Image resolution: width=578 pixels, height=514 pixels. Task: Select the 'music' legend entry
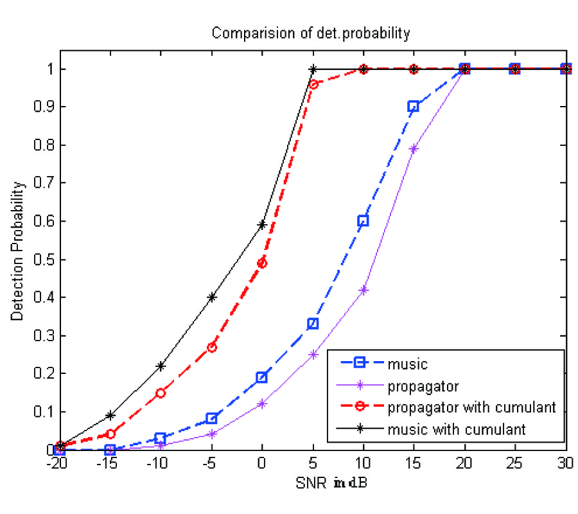tap(407, 364)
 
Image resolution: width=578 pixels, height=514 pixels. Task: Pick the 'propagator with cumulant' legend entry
tap(471, 407)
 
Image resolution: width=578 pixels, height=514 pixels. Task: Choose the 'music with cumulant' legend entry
tap(456, 429)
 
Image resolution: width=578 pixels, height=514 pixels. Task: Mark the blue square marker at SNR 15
tap(414, 107)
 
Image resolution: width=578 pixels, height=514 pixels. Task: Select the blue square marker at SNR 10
tap(363, 221)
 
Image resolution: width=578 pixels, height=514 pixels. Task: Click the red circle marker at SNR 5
tap(313, 84)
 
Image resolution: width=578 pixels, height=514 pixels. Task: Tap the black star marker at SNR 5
tap(313, 69)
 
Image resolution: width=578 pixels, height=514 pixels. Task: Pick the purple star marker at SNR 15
tap(414, 149)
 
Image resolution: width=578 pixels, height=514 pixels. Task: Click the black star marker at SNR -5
tap(211, 297)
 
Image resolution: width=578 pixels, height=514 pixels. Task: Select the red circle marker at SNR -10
tap(161, 393)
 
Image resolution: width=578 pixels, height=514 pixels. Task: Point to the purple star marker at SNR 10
tap(363, 290)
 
